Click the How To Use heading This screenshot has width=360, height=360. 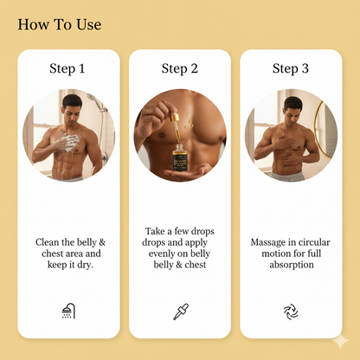59,24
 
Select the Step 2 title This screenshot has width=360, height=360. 180,68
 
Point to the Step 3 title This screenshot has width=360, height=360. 291,68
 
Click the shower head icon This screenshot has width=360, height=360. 68,311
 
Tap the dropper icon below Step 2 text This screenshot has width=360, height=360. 180,311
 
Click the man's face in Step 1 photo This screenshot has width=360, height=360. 72,110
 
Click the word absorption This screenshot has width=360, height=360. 291,265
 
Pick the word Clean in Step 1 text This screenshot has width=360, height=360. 49,244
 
